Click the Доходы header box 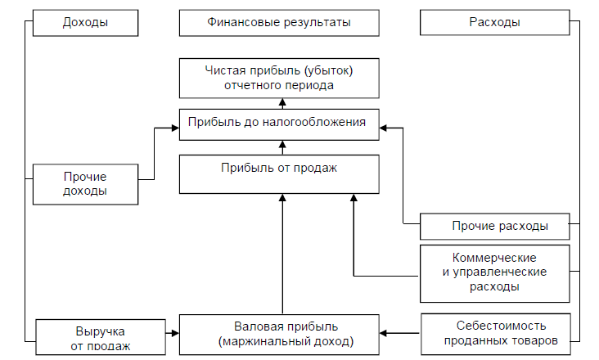(x=84, y=22)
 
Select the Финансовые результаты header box (x=279, y=22)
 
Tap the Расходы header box (x=494, y=22)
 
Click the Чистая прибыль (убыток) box (x=279, y=77)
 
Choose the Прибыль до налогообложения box (x=279, y=125)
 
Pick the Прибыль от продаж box (x=279, y=174)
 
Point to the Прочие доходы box (x=85, y=184)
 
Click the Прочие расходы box (x=494, y=226)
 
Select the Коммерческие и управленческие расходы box (x=494, y=272)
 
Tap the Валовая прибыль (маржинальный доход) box (x=279, y=334)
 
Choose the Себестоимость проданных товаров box (x=494, y=334)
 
